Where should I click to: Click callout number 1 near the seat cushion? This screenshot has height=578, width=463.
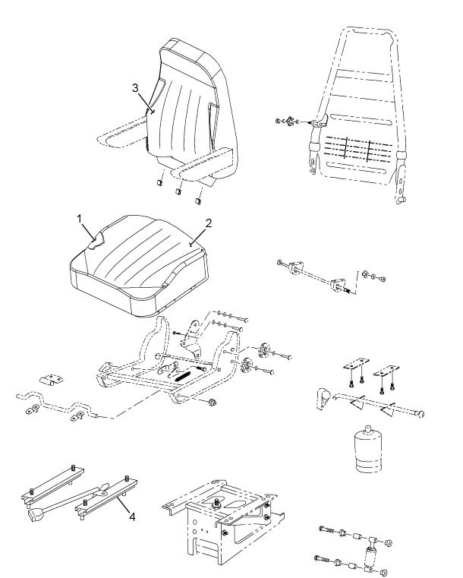tap(79, 219)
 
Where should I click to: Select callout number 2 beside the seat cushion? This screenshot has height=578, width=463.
tap(209, 223)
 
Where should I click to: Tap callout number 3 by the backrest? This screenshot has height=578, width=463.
tap(135, 88)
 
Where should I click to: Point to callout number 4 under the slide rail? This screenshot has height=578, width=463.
tap(133, 516)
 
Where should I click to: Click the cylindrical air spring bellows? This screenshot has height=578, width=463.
tap(368, 450)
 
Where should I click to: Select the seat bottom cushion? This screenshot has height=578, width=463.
tap(138, 264)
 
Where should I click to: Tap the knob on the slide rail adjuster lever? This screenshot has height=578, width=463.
tap(36, 515)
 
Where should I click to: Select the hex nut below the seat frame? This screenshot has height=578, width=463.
tap(213, 402)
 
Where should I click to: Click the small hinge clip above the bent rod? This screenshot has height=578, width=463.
tap(51, 379)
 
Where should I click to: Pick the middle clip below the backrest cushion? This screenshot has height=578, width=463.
tap(178, 191)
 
